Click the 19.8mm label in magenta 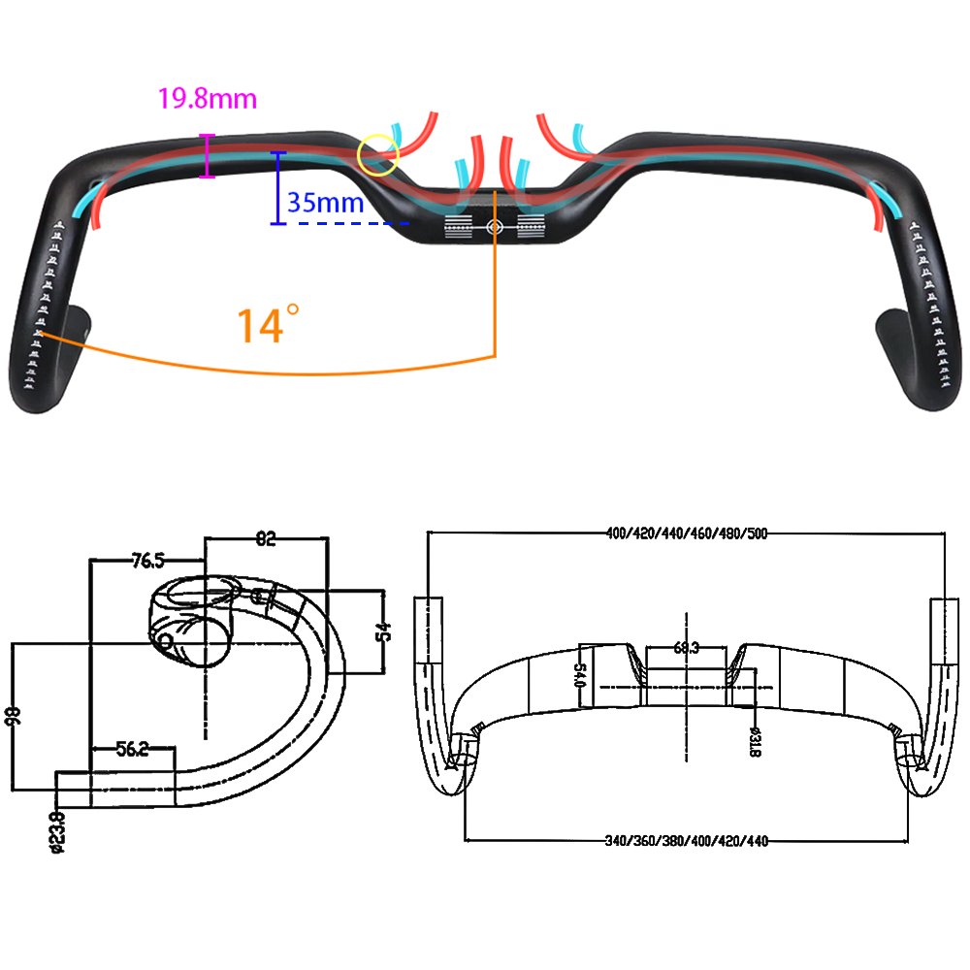pos(208,99)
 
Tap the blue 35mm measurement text pos(325,204)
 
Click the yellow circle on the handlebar pos(378,155)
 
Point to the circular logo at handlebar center pos(493,226)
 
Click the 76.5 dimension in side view pos(146,560)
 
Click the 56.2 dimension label pos(132,749)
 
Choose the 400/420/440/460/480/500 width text pos(687,533)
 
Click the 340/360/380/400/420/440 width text pos(687,841)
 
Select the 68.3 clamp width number pos(686,648)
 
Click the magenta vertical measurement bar pos(206,156)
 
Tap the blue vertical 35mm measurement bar pos(278,188)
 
